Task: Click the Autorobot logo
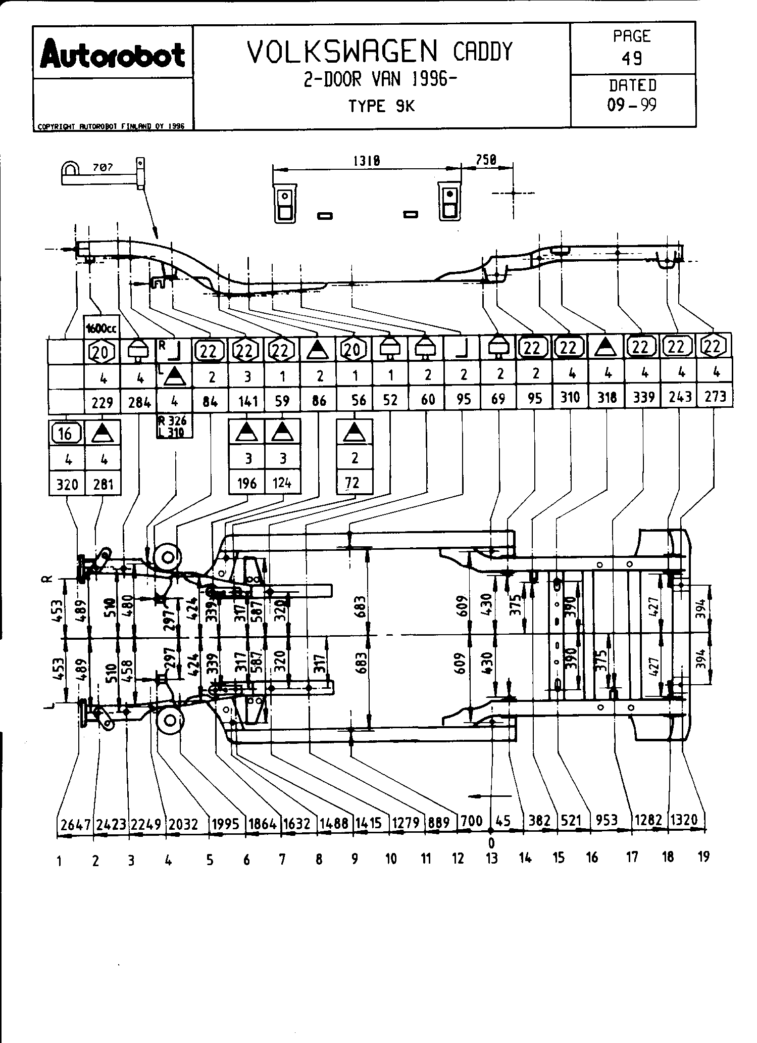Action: click(x=113, y=55)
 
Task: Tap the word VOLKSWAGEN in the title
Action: click(x=343, y=52)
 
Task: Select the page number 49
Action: click(x=631, y=59)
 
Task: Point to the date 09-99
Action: click(x=632, y=105)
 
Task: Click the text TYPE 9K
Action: click(x=381, y=106)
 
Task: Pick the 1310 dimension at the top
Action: click(x=366, y=161)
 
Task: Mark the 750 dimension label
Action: click(x=486, y=160)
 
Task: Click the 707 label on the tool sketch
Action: click(x=103, y=167)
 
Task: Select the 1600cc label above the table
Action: click(x=102, y=329)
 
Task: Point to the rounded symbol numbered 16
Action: click(x=66, y=433)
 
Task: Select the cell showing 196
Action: click(x=247, y=484)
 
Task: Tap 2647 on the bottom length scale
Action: click(x=75, y=824)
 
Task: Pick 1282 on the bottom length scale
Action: click(x=648, y=819)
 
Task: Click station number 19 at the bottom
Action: click(x=703, y=857)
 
